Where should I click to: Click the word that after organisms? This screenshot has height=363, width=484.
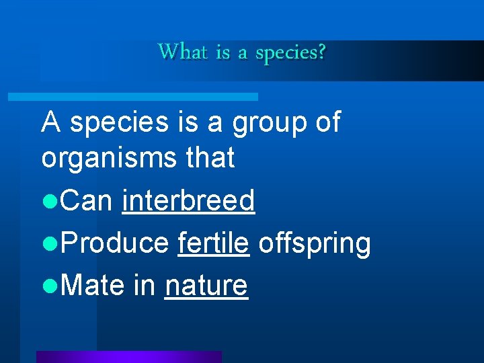point(211,158)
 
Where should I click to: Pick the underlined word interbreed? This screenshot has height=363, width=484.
point(188,200)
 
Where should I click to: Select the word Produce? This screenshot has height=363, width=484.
point(114,243)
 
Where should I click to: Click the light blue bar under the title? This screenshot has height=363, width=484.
point(132,97)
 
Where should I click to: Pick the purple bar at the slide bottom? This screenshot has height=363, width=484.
point(128,356)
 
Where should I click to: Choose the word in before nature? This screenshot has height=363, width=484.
point(145,286)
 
